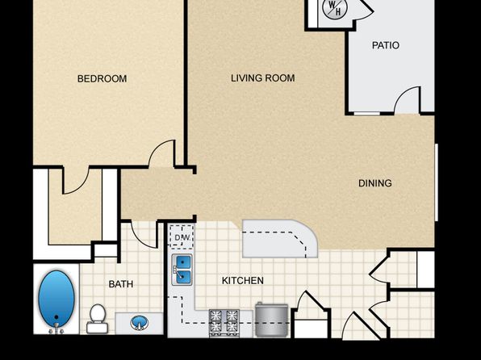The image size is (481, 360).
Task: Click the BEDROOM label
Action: pos(102,79)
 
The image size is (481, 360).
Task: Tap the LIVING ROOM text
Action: pos(263,78)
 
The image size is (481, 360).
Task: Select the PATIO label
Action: pos(386,45)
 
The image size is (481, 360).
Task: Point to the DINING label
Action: pos(375,183)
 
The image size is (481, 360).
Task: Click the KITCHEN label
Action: pos(243,281)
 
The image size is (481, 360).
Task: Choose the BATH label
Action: pos(121,284)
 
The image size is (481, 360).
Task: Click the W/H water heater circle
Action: pos(335,8)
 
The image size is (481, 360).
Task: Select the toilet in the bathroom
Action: pos(97,319)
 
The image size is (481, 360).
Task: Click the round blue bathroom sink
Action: pos(140,323)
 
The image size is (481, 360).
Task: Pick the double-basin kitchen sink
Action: pos(182,270)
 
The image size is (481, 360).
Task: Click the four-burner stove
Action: pos(224,323)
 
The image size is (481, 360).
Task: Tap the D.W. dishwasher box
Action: pos(182,237)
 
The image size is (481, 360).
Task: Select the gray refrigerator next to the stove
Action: pos(272,319)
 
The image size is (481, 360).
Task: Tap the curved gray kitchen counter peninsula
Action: pos(280,238)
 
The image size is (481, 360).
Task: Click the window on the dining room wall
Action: pos(437,182)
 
